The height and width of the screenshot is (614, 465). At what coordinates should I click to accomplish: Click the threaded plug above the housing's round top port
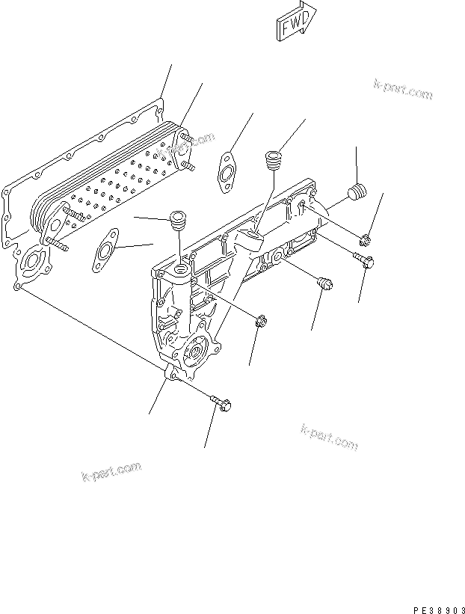click(x=179, y=221)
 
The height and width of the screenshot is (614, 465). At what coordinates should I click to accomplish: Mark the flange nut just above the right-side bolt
click(x=364, y=239)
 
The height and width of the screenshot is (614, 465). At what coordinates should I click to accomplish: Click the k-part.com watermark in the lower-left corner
click(x=111, y=472)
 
